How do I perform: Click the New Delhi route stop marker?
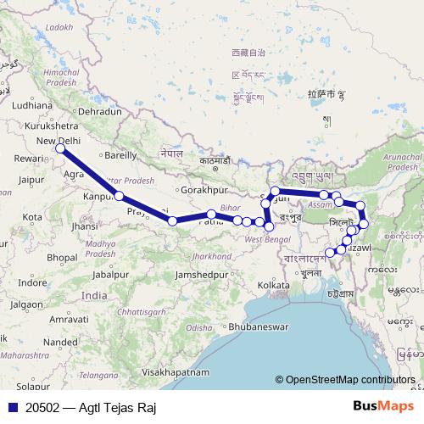point(60,149)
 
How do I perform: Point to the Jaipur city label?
point(30,180)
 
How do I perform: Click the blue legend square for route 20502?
point(12,407)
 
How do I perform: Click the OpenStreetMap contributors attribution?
point(350,380)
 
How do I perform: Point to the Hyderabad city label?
point(81,386)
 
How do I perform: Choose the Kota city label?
point(33,217)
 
